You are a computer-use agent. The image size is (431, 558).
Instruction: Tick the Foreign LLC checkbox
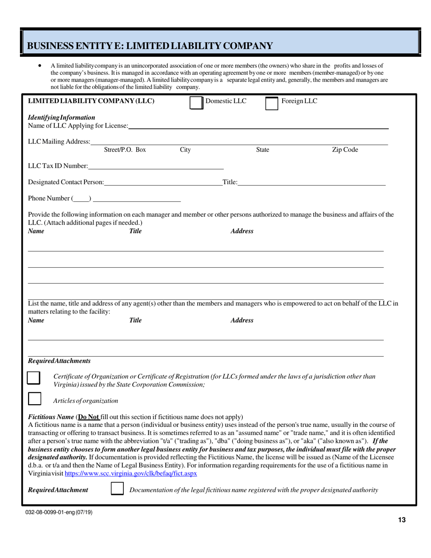point(271,103)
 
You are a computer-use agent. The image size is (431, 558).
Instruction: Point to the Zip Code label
point(345,150)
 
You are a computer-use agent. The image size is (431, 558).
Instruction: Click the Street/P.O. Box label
point(125,150)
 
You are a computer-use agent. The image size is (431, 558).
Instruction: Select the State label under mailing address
point(263,150)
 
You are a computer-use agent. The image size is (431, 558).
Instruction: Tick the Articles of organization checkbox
point(34,399)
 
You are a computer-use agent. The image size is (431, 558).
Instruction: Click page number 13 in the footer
point(402,520)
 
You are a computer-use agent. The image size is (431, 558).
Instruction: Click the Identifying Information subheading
point(62,117)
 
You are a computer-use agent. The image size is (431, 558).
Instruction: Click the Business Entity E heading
point(150,46)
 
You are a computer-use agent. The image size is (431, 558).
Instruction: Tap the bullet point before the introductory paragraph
point(40,65)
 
